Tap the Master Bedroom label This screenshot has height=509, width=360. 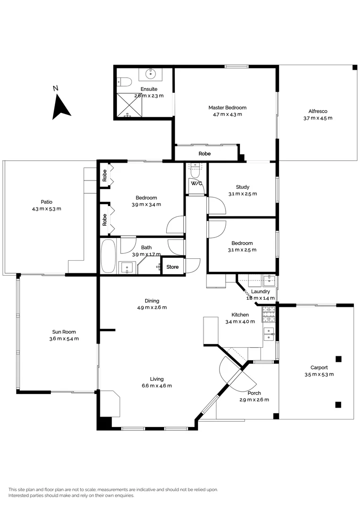227,107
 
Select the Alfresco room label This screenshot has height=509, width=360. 318,111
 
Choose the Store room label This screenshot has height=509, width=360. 173,267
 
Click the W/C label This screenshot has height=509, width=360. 196,183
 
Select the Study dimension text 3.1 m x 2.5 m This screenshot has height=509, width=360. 243,194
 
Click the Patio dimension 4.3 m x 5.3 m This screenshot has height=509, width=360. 46,209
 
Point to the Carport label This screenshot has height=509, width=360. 319,368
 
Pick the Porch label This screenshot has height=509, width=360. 254,393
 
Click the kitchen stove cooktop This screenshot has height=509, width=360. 268,312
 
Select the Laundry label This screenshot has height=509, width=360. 261,292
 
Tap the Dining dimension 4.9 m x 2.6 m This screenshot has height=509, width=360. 152,307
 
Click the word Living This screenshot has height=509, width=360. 156,379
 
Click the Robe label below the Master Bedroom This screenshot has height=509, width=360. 205,154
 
